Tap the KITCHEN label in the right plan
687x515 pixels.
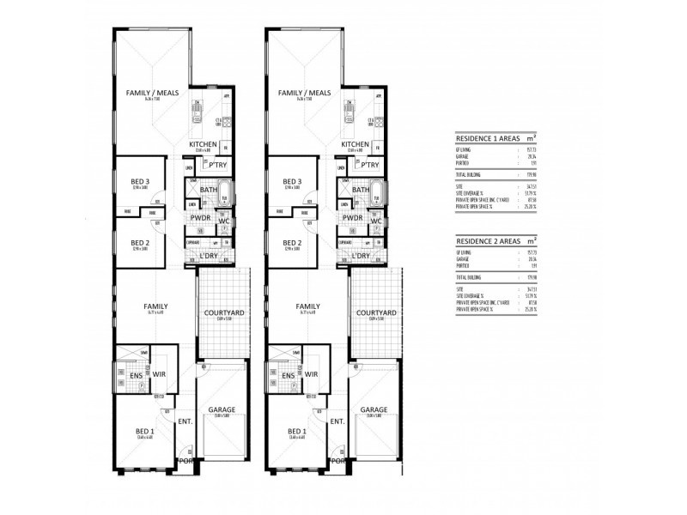click(x=356, y=145)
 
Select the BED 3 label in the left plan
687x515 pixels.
click(x=141, y=182)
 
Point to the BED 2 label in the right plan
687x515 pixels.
click(x=294, y=243)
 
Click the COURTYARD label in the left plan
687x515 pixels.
click(x=221, y=313)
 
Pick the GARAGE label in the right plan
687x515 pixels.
click(x=374, y=410)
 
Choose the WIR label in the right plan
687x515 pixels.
click(x=312, y=375)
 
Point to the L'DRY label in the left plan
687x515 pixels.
click(x=211, y=256)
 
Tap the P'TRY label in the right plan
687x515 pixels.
click(x=371, y=164)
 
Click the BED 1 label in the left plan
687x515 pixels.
click(x=143, y=431)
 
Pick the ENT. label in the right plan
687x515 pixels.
click(x=337, y=421)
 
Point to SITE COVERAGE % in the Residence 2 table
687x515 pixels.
click(x=471, y=296)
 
